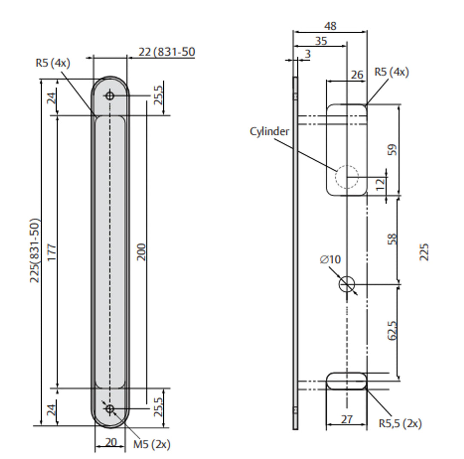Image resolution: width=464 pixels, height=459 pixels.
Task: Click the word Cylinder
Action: click(269, 131)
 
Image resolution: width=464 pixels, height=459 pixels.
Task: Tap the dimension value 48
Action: click(330, 26)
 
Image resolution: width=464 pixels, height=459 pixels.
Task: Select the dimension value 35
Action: click(321, 41)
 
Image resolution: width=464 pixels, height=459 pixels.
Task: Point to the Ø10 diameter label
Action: click(330, 260)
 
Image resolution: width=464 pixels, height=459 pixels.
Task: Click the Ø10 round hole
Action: click(347, 284)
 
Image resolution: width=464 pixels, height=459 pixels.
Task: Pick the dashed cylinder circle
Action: click(347, 176)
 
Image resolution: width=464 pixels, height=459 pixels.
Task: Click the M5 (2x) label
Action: click(152, 445)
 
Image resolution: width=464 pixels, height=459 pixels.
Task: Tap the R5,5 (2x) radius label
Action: click(400, 424)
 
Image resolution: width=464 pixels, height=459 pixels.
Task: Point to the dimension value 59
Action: click(391, 149)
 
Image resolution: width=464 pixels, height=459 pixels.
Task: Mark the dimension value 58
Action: click(391, 239)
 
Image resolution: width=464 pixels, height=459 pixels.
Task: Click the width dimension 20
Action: click(110, 442)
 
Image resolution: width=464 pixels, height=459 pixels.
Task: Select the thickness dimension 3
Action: click(308, 54)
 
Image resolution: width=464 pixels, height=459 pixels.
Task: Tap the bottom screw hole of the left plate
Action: click(110, 409)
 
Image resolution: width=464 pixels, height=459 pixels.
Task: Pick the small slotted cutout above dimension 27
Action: click(347, 381)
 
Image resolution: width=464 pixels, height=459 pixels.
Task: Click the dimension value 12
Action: click(379, 185)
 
